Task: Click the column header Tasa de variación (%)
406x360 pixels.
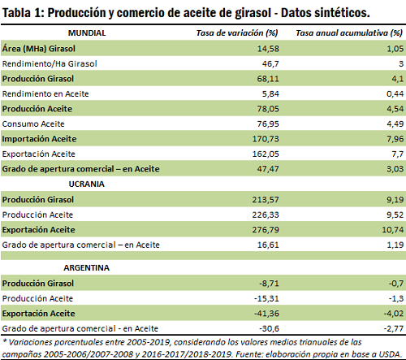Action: [x=237, y=33]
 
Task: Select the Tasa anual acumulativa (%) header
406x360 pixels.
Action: [x=349, y=33]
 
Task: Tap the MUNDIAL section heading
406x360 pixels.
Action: [x=87, y=33]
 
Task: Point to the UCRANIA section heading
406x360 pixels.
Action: [x=87, y=184]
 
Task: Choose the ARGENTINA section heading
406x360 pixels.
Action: [x=87, y=268]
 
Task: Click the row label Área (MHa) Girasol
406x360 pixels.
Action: [x=39, y=49]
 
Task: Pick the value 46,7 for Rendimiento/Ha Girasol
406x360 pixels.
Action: [x=270, y=64]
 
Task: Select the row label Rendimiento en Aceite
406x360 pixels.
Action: [x=45, y=94]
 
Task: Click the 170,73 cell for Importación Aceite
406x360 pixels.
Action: [x=266, y=139]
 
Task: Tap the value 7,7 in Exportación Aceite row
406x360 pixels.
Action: [x=397, y=154]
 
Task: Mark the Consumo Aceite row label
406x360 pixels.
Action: [x=33, y=124]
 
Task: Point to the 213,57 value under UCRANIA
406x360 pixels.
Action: [x=266, y=200]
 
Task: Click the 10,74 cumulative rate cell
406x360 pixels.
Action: [x=393, y=230]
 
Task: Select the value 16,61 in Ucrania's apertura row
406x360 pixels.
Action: [x=268, y=245]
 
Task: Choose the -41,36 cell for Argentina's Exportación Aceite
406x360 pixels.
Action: [x=266, y=314]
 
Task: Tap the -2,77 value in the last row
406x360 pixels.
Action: [x=394, y=328]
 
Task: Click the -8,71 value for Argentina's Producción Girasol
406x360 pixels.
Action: [x=269, y=284]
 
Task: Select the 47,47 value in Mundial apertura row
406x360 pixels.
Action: [x=268, y=169]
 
